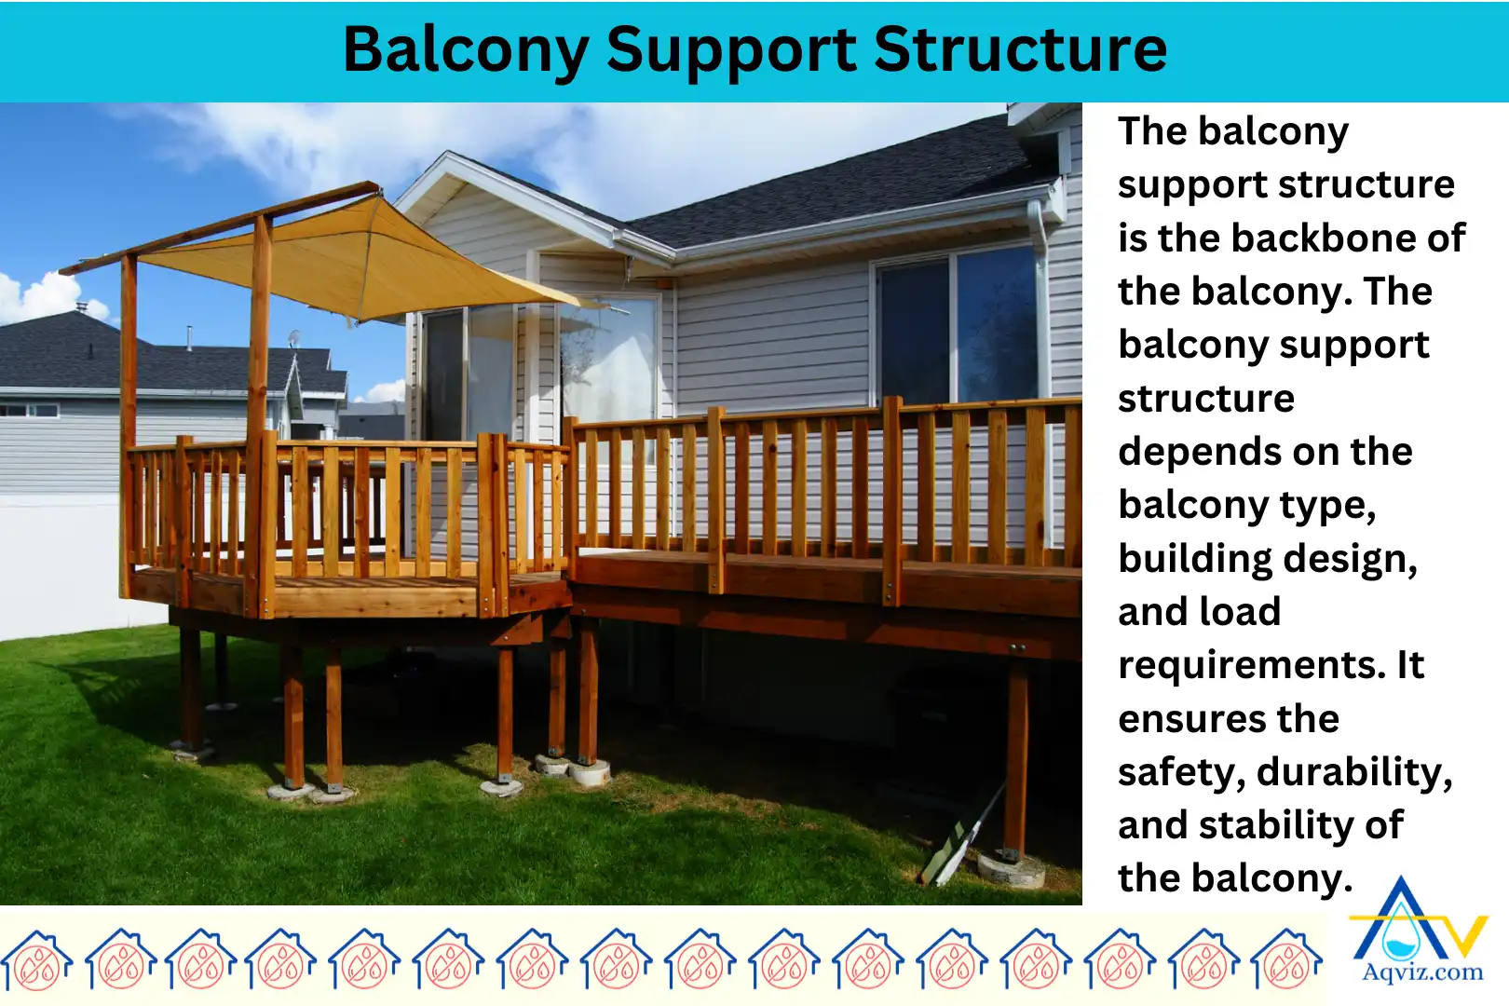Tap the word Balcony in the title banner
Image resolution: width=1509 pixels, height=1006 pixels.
[x=466, y=50]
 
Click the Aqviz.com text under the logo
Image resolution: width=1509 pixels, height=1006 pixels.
[x=1422, y=972]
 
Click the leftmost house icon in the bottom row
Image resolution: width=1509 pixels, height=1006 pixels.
[x=36, y=959]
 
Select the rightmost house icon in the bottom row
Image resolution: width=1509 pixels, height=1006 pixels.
[x=1286, y=959]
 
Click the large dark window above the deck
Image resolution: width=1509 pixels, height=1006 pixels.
[x=959, y=326]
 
